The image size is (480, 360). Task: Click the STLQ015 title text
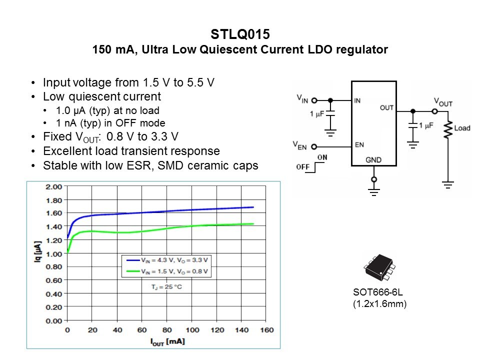[240, 35]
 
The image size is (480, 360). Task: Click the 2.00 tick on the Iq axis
[53, 187]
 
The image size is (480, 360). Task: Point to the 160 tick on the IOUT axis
[267, 329]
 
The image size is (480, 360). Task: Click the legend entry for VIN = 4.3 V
[167, 260]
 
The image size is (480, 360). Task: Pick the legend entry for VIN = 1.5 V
[167, 271]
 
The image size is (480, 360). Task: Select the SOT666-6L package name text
[376, 293]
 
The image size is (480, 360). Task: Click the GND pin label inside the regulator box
[373, 160]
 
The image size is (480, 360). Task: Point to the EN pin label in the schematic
[359, 145]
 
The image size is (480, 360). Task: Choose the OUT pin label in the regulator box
[386, 107]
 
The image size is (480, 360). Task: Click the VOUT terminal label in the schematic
[443, 102]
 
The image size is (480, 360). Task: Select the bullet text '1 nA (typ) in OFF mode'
[110, 123]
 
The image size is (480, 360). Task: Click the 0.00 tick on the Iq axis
[53, 320]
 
